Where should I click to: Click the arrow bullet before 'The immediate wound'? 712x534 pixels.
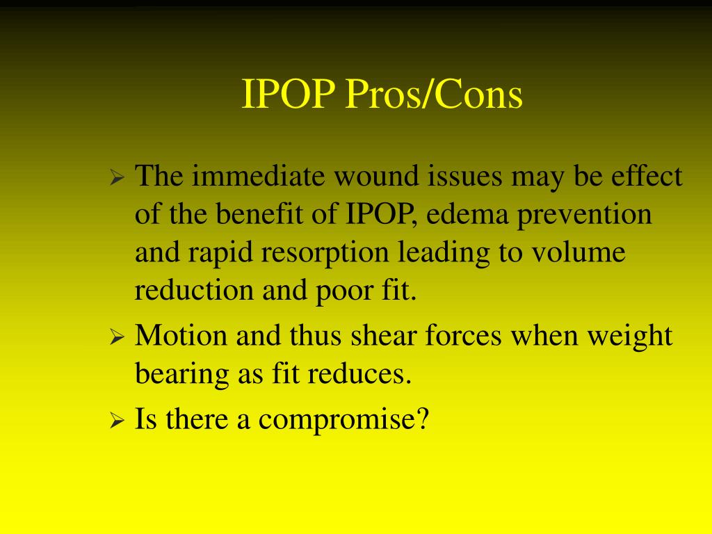click(117, 180)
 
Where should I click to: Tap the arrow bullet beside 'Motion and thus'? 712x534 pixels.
click(117, 339)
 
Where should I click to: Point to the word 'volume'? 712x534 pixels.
click(579, 252)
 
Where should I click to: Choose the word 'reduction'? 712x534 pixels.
click(194, 291)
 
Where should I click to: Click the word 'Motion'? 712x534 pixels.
click(181, 336)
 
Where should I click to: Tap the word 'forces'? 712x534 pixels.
click(464, 336)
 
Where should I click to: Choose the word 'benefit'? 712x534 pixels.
click(259, 215)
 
